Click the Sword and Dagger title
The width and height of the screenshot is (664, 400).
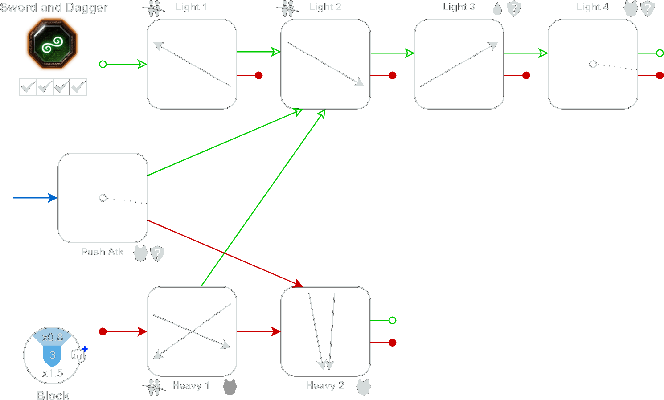54,8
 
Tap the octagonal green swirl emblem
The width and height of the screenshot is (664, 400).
52,44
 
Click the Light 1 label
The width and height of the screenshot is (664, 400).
191,7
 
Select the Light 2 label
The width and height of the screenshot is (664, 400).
325,7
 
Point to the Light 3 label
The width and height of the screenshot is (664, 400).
459,7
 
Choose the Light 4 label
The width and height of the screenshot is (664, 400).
592,7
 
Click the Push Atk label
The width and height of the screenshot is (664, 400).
102,252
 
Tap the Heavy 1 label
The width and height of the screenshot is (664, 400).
191,385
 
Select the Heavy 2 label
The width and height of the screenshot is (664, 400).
325,385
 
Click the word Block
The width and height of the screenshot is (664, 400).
53,395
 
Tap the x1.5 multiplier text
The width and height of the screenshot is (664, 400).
53,373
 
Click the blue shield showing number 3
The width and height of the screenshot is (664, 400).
52,355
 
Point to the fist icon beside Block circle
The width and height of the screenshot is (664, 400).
78,354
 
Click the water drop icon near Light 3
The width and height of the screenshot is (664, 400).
497,9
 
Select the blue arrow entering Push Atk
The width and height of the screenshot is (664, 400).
35,198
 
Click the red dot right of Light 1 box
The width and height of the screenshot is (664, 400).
258,75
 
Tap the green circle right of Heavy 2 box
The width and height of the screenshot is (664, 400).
392,320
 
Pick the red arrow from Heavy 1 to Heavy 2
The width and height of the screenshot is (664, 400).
258,331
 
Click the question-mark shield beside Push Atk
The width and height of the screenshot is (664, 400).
157,253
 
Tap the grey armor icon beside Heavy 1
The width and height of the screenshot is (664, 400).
230,387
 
